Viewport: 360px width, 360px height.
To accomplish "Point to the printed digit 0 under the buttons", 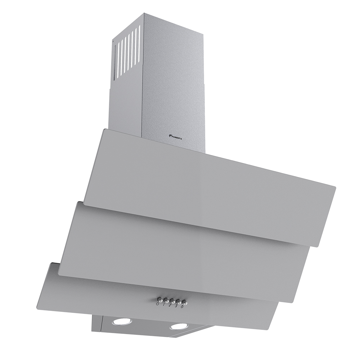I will click(x=158, y=304).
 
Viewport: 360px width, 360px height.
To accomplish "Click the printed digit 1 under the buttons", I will click(x=164, y=305).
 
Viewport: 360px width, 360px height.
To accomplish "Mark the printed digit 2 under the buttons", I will click(x=170, y=306).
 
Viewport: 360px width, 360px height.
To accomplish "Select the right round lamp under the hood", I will click(x=179, y=327).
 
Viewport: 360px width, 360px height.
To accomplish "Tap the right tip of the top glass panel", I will click(x=334, y=188).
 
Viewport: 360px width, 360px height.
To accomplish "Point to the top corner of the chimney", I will click(x=144, y=14).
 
